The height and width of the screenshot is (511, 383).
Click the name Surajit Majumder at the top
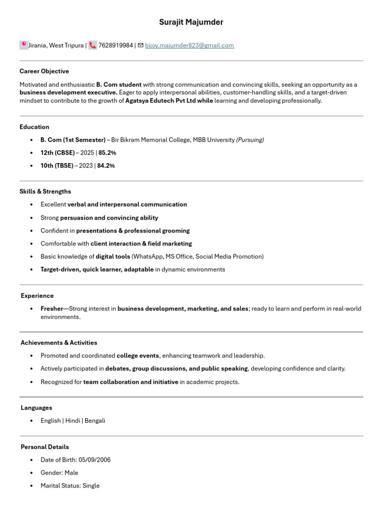(x=191, y=22)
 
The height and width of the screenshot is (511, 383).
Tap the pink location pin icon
(x=23, y=45)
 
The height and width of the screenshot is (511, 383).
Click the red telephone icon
(x=93, y=45)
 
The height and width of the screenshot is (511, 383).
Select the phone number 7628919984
(x=116, y=45)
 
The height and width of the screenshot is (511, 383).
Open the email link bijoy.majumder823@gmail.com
(x=190, y=45)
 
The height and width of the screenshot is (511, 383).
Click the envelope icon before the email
(x=141, y=45)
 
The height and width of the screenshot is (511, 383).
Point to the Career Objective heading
(x=44, y=71)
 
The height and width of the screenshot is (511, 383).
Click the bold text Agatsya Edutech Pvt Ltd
(x=161, y=100)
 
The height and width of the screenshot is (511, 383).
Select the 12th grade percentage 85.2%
(x=107, y=153)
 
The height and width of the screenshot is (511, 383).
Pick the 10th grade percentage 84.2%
(x=106, y=166)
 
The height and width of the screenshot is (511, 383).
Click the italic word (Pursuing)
(x=250, y=140)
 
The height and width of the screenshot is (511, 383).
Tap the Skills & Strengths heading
(x=45, y=192)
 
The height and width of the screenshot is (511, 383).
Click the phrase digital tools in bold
(x=113, y=256)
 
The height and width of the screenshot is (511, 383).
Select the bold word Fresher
(x=51, y=309)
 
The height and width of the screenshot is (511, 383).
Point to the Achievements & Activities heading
(x=59, y=343)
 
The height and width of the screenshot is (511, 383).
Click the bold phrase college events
(x=138, y=356)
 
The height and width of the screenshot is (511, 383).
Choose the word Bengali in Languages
(x=95, y=421)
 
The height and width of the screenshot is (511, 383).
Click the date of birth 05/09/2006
(x=94, y=460)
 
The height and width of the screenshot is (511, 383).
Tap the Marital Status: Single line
(x=70, y=486)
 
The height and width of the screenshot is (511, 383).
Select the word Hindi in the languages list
(x=73, y=421)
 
